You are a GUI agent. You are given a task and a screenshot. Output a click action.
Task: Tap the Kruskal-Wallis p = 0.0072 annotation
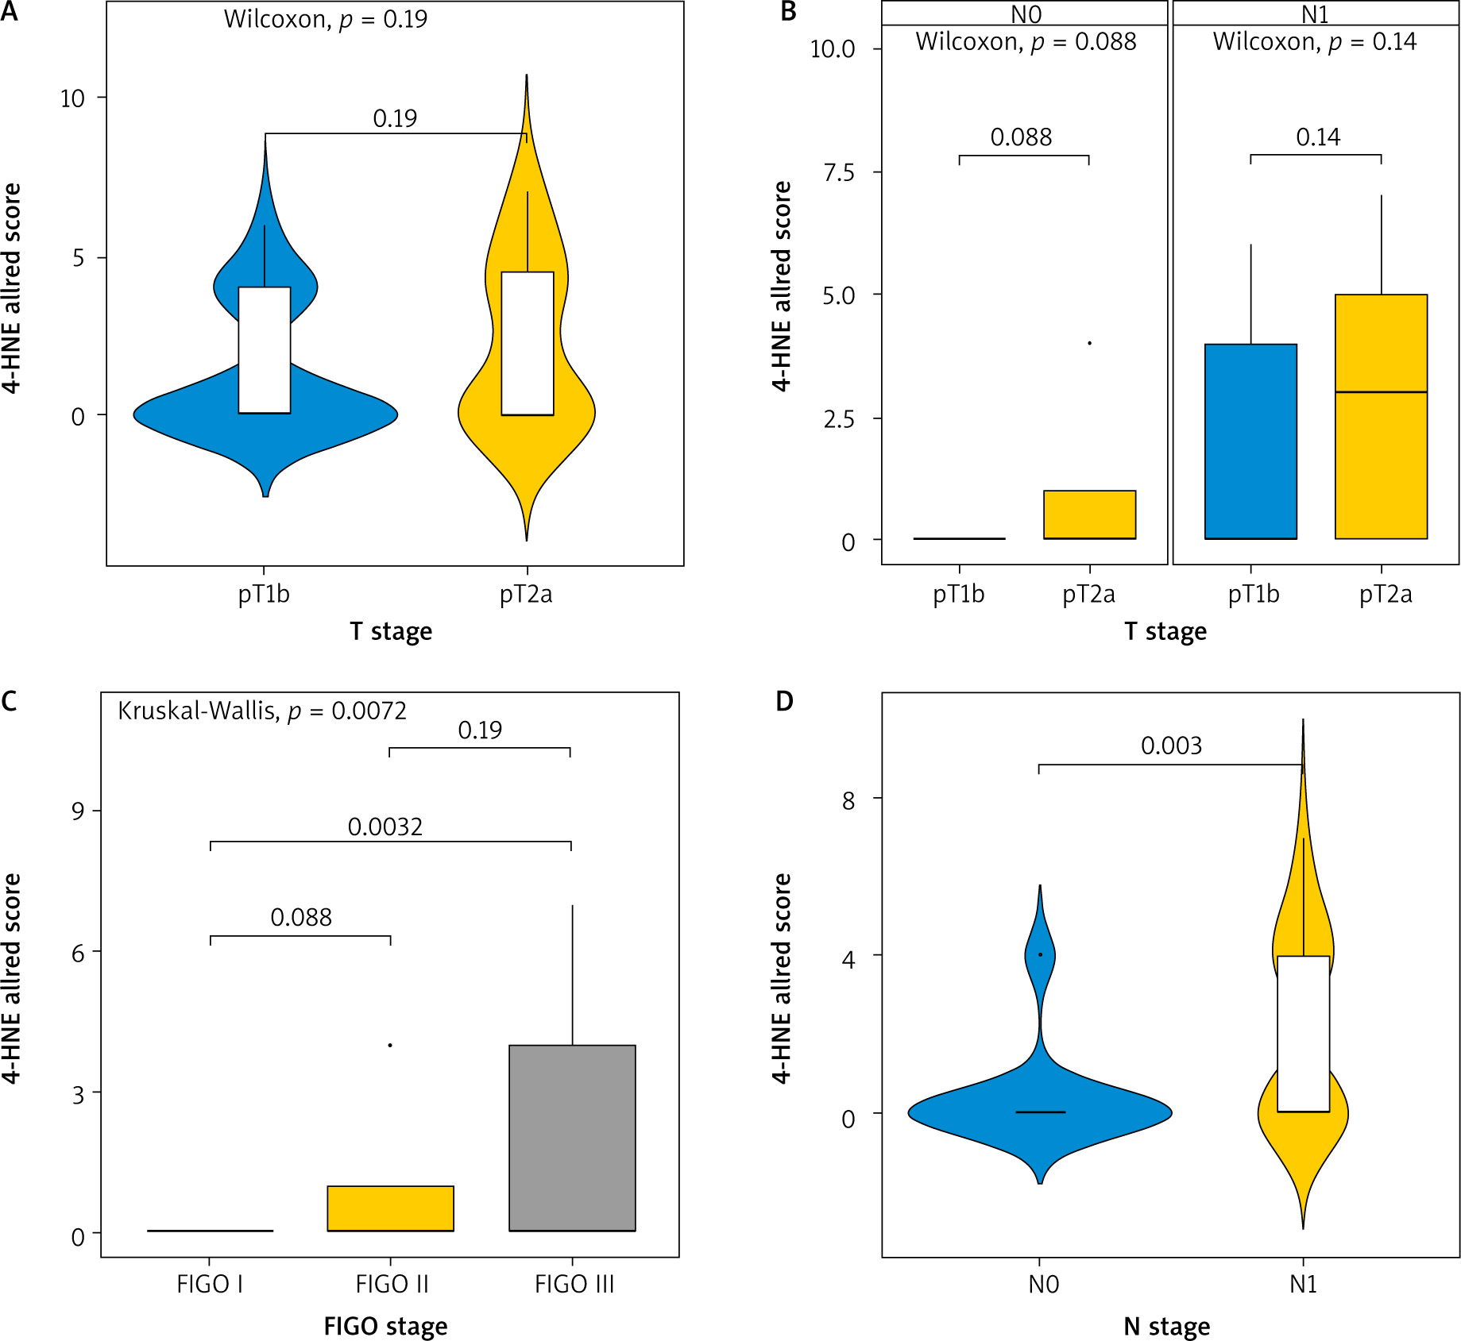click(262, 711)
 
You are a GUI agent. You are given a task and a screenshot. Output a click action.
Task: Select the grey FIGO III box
click(572, 1138)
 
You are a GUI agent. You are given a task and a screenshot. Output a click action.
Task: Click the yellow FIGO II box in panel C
click(390, 1208)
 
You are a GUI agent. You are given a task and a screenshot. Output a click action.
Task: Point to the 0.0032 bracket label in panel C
click(385, 827)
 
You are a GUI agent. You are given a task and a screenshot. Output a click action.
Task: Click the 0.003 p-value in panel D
click(1171, 746)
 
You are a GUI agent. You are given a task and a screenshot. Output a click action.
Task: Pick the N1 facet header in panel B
click(1315, 14)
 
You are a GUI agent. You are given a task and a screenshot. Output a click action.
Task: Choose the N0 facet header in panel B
click(1025, 14)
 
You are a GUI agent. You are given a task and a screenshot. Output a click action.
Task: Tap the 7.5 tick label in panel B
click(839, 173)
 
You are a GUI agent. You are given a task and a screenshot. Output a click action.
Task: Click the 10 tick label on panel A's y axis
click(72, 98)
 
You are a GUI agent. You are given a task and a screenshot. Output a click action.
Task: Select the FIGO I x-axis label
click(210, 1284)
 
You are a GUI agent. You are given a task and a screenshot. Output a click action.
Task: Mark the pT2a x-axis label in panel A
click(526, 594)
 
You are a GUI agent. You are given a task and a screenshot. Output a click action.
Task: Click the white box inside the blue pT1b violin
click(265, 349)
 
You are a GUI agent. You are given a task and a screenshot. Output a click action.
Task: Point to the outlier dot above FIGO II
click(390, 1045)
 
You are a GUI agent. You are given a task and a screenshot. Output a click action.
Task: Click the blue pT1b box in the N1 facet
click(1250, 441)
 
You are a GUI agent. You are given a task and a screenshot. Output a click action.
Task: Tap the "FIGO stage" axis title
click(385, 1326)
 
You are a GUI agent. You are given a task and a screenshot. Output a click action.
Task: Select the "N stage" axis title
click(1167, 1326)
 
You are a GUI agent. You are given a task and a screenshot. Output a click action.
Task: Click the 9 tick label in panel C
click(78, 811)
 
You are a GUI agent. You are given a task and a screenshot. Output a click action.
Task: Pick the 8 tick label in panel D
click(848, 800)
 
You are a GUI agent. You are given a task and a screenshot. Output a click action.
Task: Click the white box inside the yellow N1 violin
click(1303, 1034)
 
